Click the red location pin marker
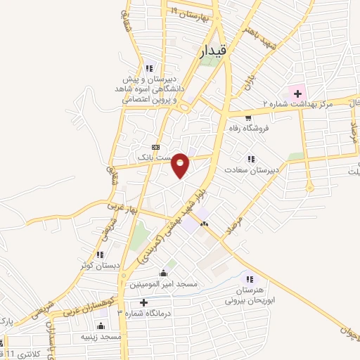coord(181,165)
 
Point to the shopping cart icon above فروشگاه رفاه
coord(247,117)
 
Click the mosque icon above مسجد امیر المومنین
coord(164,273)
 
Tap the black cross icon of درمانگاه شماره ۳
coord(143,302)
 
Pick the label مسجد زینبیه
coord(102,337)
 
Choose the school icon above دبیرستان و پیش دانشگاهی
coord(148,68)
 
